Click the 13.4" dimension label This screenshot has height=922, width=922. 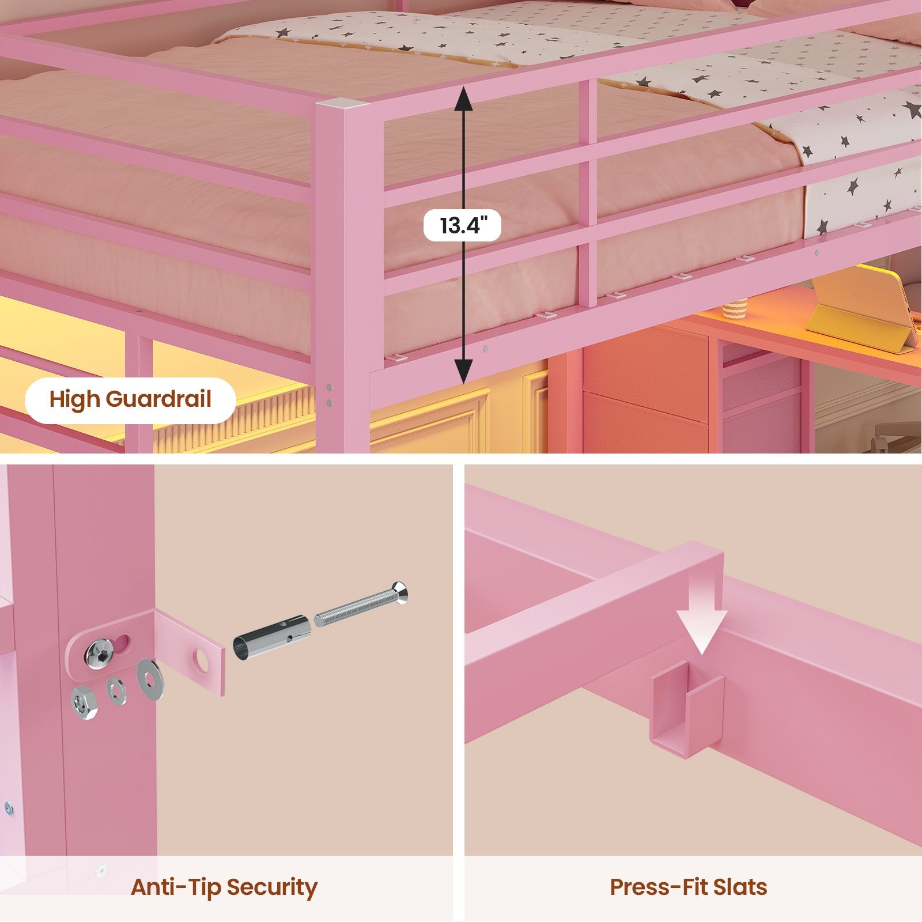click(x=462, y=225)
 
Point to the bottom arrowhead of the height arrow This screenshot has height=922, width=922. click(x=463, y=371)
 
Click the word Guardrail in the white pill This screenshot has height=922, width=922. click(x=158, y=399)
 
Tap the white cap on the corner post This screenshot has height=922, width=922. click(x=343, y=104)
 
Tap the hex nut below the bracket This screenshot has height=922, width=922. click(x=84, y=704)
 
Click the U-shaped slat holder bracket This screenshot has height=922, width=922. click(x=687, y=709)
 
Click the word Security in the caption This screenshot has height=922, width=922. click(x=271, y=888)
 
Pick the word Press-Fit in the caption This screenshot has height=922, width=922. click(x=655, y=887)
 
